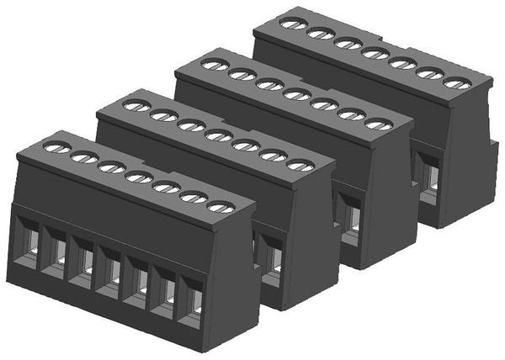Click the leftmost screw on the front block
[x=56, y=148]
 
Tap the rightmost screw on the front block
[x=219, y=206]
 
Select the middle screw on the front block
[x=137, y=177]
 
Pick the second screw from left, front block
[x=83, y=157]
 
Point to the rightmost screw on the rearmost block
[x=454, y=82]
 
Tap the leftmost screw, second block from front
[x=136, y=107]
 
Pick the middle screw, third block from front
[x=296, y=94]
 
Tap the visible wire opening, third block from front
[x=352, y=220]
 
